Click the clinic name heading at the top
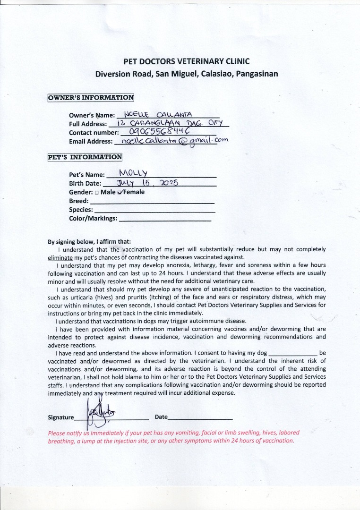click(186, 61)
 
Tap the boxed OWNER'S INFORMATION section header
click(91, 98)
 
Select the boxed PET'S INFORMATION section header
click(85, 157)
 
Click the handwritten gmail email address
click(175, 140)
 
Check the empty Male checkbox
click(96, 193)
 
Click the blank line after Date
click(200, 418)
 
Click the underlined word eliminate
click(60, 258)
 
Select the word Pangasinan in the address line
click(257, 74)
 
